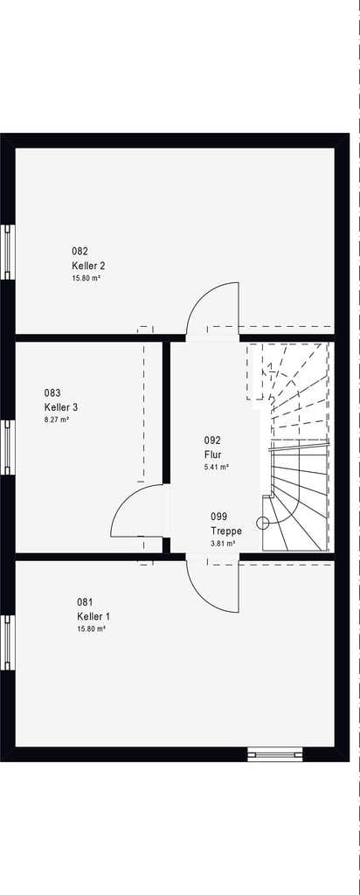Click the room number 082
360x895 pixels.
[80, 251]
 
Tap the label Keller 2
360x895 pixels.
[88, 266]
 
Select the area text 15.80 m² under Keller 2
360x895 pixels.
[87, 278]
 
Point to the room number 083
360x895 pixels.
[52, 392]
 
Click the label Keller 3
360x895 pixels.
[61, 407]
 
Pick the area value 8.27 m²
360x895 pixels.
[57, 420]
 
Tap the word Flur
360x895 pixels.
[212, 454]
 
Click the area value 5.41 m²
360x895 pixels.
[217, 467]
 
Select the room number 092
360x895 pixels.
[212, 441]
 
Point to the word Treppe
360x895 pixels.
[226, 531]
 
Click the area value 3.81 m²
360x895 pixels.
[223, 544]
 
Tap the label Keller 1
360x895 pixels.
[93, 616]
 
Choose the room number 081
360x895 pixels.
[85, 601]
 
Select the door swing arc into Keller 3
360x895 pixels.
[122, 497]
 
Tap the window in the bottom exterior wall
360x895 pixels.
[275, 754]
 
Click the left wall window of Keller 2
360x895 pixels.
[7, 252]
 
